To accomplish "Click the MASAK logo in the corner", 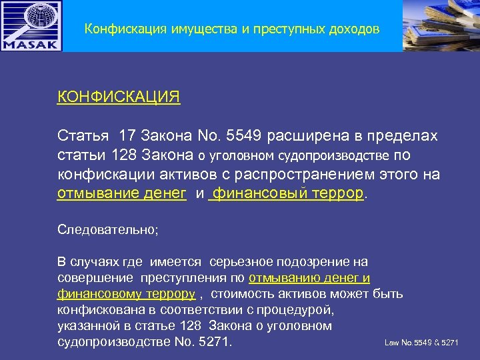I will [x=31, y=26].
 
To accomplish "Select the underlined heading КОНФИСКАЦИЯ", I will [x=119, y=97].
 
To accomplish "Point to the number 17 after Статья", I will [x=127, y=137].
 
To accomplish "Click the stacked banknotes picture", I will [x=441, y=25].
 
